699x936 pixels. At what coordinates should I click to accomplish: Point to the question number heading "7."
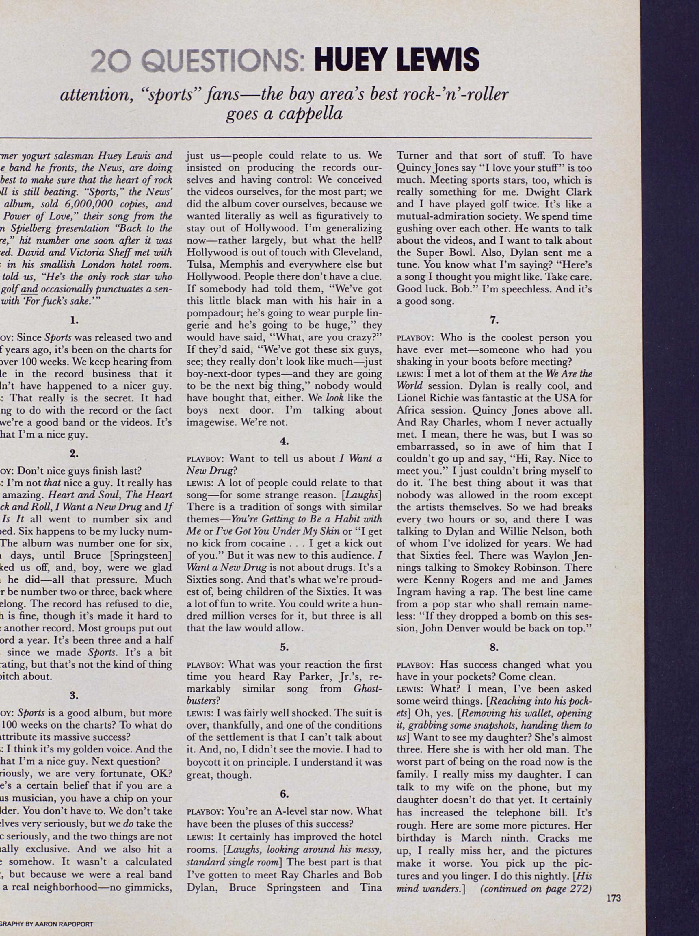(x=494, y=320)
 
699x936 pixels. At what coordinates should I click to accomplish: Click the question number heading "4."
(x=284, y=441)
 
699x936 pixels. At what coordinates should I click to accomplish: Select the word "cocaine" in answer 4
(x=264, y=543)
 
